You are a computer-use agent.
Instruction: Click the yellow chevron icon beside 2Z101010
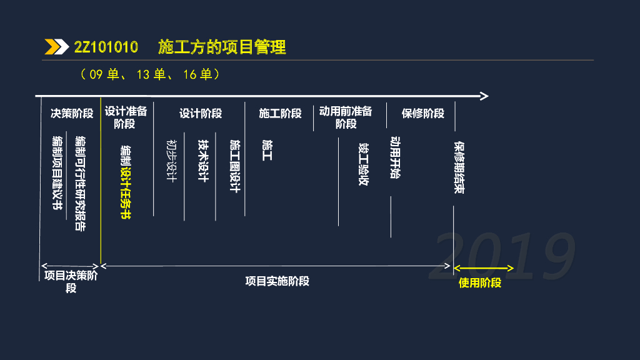pos(56,47)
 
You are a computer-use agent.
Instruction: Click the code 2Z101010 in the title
pos(106,47)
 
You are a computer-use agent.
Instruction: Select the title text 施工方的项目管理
pos(222,47)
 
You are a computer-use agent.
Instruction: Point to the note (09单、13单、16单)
pos(150,74)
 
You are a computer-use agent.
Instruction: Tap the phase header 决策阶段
pos(72,113)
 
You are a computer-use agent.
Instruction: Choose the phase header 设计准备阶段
pos(126,117)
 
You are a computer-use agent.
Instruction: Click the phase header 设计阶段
pos(201,113)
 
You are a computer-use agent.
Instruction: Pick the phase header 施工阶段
pos(280,113)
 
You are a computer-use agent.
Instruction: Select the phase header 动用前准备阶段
pos(346,117)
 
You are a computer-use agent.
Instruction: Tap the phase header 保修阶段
pos(422,113)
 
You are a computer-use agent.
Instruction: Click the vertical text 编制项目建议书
pos(58,172)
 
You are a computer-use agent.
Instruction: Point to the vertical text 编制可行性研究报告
pos(80,183)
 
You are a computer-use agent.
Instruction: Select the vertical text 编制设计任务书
pos(126,182)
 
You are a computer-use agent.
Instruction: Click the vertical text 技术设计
pos(202,161)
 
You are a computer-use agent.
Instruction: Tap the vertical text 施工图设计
pos(235,166)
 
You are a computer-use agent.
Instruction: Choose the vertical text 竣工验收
pos(364,164)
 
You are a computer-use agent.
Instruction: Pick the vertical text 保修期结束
pos(459,167)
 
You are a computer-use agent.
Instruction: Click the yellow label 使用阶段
pos(480,282)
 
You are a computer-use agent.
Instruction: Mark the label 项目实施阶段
pos(277,281)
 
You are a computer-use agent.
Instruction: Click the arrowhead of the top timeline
pos(483,96)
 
